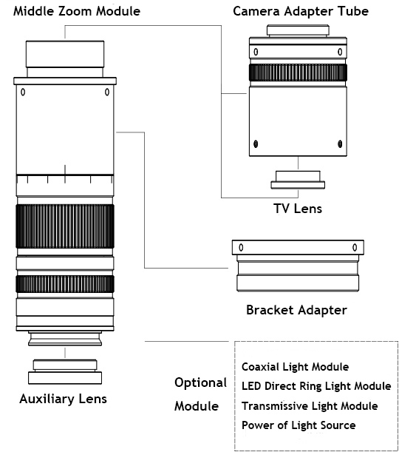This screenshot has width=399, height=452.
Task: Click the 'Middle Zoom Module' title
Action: tap(77, 11)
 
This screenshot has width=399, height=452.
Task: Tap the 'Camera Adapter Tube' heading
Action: tap(301, 11)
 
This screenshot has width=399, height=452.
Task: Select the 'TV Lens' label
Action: tap(298, 209)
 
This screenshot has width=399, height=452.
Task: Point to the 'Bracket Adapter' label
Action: tap(296, 310)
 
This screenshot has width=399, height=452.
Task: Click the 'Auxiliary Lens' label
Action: tap(63, 399)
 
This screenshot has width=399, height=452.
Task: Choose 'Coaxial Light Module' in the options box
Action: tap(295, 367)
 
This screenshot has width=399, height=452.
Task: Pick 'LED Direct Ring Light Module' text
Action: tap(316, 386)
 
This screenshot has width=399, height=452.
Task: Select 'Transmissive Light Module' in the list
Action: tap(310, 406)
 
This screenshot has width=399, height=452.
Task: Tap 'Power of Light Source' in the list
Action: tap(299, 425)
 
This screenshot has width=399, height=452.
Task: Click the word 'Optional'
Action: tap(201, 382)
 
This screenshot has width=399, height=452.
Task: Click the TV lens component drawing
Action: tap(298, 181)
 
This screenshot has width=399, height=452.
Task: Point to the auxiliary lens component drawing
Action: tap(65, 372)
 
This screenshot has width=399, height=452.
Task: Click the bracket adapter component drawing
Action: tap(298, 266)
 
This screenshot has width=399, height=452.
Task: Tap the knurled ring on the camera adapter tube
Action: tap(298, 72)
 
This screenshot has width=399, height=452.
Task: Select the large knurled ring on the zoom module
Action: tap(65, 226)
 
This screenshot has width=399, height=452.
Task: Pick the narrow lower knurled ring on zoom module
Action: tap(65, 284)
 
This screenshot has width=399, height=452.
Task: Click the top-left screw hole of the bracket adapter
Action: tap(241, 247)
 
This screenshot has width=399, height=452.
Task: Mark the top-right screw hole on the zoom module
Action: tap(107, 92)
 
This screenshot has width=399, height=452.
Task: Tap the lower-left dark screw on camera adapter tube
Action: tap(256, 144)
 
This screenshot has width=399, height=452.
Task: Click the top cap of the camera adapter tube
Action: tap(298, 30)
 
